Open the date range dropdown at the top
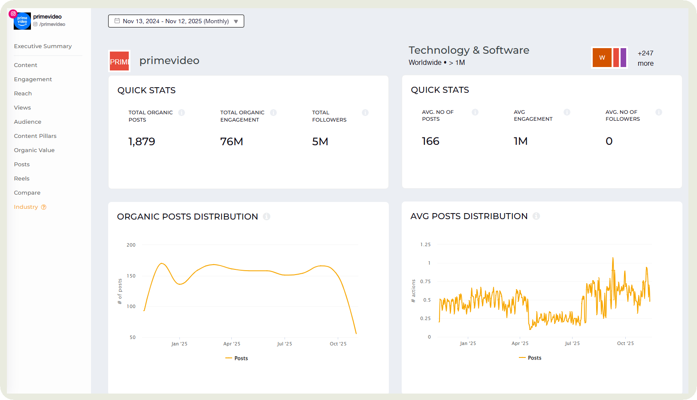coord(176,21)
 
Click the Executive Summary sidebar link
coord(42,46)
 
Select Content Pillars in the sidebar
coord(35,136)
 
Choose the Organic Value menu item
coord(34,150)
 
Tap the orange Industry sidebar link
coord(26,207)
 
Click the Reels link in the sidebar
coord(21,179)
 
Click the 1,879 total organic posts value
coord(142,142)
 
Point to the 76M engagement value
coord(231,142)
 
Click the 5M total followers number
coord(320,142)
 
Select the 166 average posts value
coord(430,141)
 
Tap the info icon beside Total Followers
coord(365,113)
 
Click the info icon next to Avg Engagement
coord(567,112)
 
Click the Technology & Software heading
coord(469,50)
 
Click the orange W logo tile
coord(602,58)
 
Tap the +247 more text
coord(645,58)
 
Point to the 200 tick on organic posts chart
coord(131,245)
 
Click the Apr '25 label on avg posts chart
coord(520,343)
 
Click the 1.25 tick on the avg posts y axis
coord(425,244)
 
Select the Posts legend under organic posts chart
coord(237,358)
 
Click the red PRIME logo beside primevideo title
coord(119,61)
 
